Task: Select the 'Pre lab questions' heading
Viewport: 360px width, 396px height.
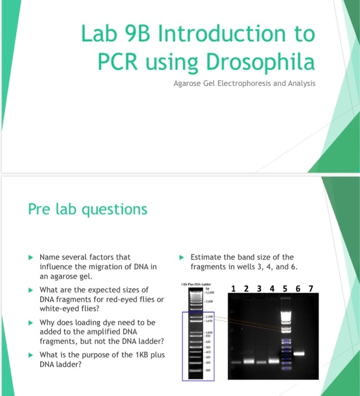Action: [88, 209]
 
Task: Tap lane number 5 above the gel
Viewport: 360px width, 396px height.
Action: [284, 290]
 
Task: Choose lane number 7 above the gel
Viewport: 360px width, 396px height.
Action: [310, 290]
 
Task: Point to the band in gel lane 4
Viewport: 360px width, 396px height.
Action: [274, 361]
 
